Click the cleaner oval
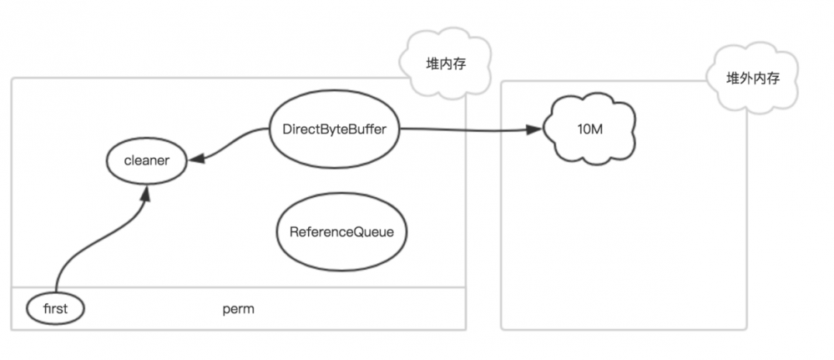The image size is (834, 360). (146, 161)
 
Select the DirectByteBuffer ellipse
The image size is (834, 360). (340, 129)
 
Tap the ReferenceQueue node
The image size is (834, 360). (341, 233)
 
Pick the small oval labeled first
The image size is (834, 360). (56, 309)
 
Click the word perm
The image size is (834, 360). (238, 309)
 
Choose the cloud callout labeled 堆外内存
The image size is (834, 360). (752, 79)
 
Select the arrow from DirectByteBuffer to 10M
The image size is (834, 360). (468, 129)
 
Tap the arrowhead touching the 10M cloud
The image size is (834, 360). (535, 129)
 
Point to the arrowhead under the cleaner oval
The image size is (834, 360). (147, 195)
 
